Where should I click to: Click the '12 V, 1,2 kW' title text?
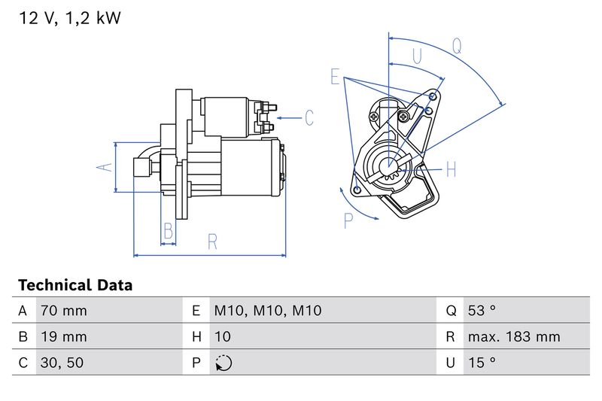(69, 19)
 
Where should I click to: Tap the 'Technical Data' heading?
(74, 285)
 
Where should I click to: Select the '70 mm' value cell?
(63, 310)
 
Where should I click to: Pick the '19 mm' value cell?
(63, 336)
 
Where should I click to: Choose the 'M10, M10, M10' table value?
(267, 310)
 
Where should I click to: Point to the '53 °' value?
(482, 310)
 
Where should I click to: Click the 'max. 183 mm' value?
(513, 336)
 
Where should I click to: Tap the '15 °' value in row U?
(482, 363)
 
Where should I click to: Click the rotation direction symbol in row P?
(223, 363)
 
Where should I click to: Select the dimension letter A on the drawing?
(106, 167)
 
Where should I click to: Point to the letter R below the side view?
(212, 242)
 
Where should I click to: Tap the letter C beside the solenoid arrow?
(309, 118)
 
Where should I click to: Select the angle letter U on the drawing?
(416, 56)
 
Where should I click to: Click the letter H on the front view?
(451, 169)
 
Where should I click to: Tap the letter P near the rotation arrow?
(348, 220)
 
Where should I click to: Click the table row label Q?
(451, 310)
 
